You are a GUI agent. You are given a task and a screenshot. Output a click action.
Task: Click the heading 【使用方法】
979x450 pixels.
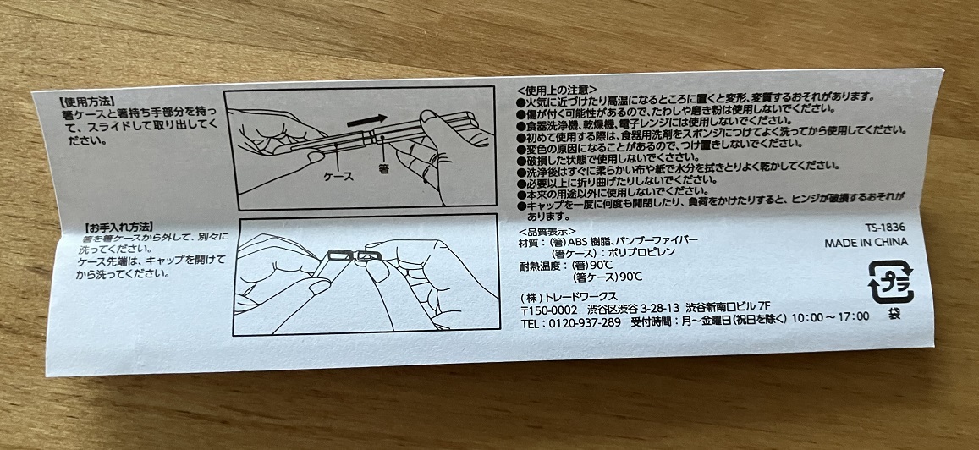[87, 100]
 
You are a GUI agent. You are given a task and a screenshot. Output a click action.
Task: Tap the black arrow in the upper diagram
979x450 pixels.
[368, 120]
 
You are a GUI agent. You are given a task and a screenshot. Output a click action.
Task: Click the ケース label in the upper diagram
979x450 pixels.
[338, 176]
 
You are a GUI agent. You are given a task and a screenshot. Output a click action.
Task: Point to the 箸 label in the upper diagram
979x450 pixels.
[384, 169]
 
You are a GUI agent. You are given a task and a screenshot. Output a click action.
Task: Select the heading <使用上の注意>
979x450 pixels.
[558, 90]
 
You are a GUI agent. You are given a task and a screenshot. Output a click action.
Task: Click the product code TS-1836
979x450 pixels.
[885, 228]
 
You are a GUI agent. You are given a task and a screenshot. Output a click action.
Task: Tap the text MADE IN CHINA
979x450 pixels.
[866, 243]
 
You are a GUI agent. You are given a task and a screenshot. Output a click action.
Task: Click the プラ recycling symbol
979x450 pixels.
[891, 283]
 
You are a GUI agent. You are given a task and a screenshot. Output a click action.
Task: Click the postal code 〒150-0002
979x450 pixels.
[549, 310]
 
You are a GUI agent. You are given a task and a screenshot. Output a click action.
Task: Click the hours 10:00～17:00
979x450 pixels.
[830, 316]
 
